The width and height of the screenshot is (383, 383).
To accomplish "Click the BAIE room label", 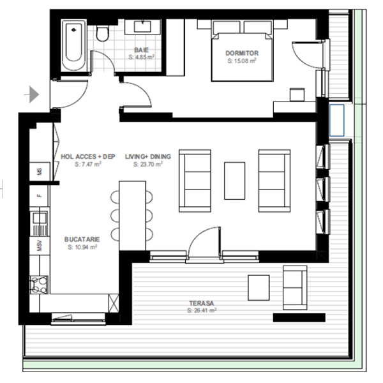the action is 141,50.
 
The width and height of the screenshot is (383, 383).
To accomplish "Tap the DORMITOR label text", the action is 242,53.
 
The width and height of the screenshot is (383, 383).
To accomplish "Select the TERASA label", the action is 202,303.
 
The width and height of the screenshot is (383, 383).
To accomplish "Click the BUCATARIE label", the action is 82,239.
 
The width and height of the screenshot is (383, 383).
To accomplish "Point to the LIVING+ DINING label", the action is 148,156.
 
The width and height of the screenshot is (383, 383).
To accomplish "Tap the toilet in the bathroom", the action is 102,33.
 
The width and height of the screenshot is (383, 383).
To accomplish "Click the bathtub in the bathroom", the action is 73,46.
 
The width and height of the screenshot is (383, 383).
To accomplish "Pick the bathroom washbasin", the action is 142,27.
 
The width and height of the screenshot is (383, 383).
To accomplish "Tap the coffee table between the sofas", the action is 234,181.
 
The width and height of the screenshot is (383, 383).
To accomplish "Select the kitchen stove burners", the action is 39,285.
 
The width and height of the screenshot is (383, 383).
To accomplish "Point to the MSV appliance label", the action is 40,246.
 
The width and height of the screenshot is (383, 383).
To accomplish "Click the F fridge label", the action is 39,196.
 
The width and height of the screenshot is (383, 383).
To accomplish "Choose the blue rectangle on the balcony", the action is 337,121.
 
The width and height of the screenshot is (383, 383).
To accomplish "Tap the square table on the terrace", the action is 259,288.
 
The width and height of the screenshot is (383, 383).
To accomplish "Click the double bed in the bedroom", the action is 242,51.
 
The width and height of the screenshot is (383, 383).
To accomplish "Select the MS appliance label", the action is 40,172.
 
